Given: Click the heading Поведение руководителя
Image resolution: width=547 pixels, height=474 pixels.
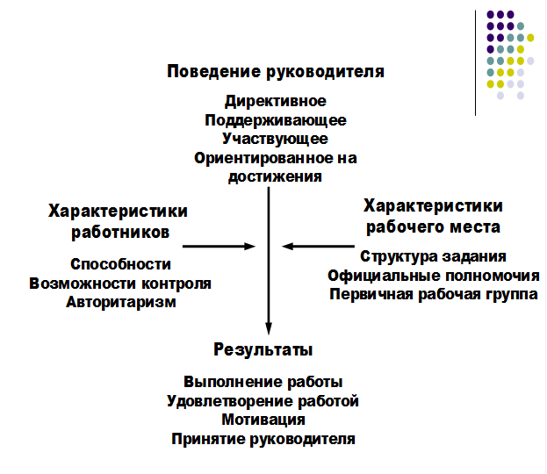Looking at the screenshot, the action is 276,72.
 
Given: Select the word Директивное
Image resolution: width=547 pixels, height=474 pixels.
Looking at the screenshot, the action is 276,102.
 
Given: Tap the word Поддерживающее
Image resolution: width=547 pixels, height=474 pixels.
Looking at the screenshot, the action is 276,120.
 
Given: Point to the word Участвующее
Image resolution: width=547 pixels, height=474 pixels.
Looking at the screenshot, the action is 275,140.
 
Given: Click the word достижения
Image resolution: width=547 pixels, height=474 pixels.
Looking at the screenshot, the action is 275,176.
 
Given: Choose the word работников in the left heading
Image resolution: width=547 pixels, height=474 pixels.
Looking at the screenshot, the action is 120,233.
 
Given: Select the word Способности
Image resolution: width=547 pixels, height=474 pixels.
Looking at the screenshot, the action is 120,264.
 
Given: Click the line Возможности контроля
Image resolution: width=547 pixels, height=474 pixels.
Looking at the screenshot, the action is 120,284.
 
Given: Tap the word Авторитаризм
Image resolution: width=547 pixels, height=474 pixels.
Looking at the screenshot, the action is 121,302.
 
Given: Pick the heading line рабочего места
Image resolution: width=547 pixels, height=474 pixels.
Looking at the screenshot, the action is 433,227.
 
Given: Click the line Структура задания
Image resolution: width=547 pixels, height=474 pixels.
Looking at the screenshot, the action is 433,256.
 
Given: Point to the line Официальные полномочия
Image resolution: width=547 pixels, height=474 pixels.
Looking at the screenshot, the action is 434,276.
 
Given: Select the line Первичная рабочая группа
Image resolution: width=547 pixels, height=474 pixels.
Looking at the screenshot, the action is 434,294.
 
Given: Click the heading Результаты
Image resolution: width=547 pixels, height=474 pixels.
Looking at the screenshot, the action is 263,350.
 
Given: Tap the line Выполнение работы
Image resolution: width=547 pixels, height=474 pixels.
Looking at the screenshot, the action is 263,382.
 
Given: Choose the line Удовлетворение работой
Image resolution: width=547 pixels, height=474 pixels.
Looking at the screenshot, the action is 263,401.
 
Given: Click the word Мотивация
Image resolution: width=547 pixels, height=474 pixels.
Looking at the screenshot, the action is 263,420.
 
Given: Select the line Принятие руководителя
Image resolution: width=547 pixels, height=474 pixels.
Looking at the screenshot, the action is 263,439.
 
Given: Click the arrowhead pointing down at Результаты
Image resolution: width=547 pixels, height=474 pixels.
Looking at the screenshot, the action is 269,328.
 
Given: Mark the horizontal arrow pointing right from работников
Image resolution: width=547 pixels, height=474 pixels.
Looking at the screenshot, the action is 220,247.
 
